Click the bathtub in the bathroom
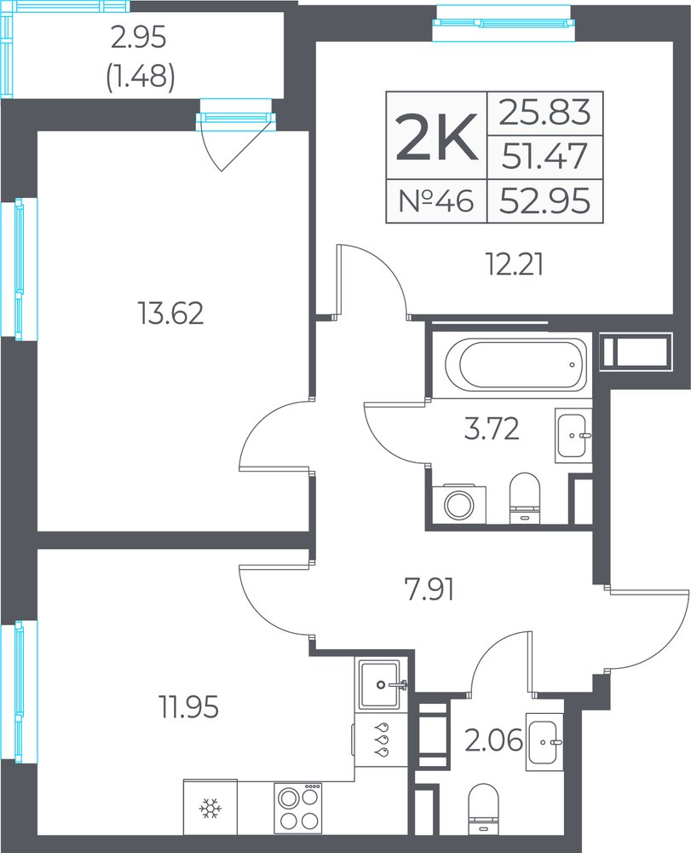[x=515, y=364]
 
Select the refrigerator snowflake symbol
[x=210, y=809]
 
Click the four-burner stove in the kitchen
[x=297, y=809]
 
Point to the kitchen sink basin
[x=380, y=684]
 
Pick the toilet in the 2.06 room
[x=483, y=809]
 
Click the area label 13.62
[x=171, y=314]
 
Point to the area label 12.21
[x=514, y=266]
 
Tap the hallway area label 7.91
[x=430, y=589]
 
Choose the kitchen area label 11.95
[x=188, y=708]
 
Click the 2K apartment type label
[x=437, y=136]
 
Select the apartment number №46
[x=436, y=201]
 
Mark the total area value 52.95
[x=544, y=201]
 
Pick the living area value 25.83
[x=544, y=113]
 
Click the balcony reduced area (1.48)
[x=140, y=78]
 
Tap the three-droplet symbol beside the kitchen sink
[x=383, y=739]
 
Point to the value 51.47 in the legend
[x=544, y=157]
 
